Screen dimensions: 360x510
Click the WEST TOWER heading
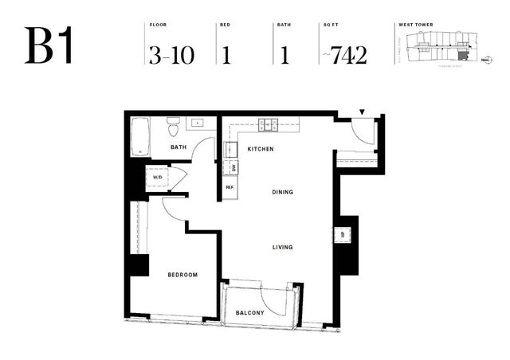pyautogui.click(x=414, y=25)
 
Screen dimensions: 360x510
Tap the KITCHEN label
pyautogui.click(x=261, y=149)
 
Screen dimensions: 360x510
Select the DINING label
pyautogui.click(x=282, y=192)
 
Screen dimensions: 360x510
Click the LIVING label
pyautogui.click(x=282, y=247)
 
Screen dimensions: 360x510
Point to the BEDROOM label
pyautogui.click(x=182, y=275)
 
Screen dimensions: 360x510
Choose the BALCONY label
pyautogui.click(x=250, y=313)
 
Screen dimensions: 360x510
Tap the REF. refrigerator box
pyautogui.click(x=229, y=187)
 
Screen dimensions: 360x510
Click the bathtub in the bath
pyautogui.click(x=140, y=137)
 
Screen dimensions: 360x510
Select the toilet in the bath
pyautogui.click(x=173, y=127)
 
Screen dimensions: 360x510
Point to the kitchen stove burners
pyautogui.click(x=267, y=124)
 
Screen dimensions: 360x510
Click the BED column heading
pyautogui.click(x=225, y=25)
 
